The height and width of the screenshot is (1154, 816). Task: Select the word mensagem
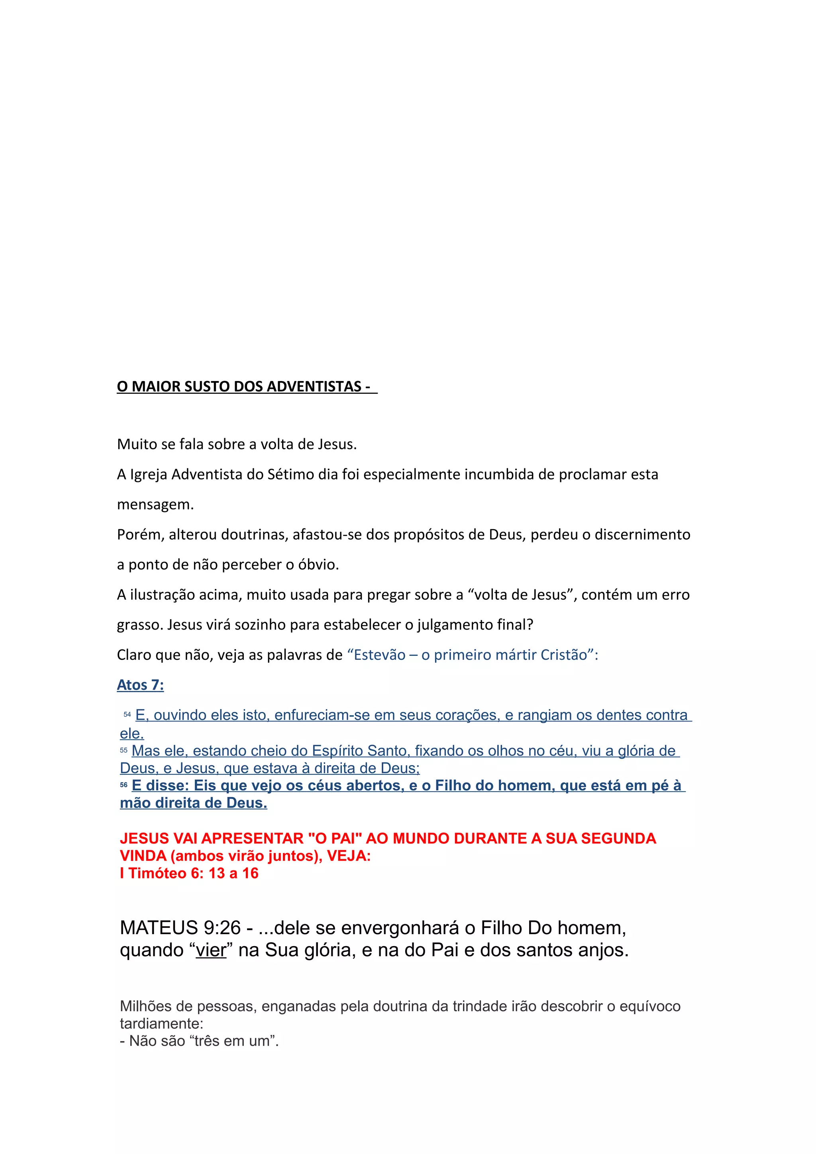155,505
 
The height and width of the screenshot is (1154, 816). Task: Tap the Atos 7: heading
140,685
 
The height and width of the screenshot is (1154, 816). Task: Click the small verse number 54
127,714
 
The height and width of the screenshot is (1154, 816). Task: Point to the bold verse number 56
124,785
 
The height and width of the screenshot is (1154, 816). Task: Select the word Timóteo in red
157,874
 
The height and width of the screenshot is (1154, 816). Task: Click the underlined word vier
211,951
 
